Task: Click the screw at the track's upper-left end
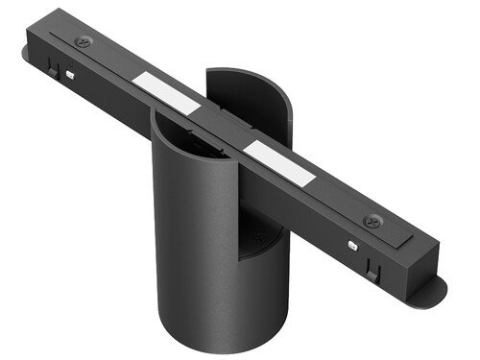84,41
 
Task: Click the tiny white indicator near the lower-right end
355,245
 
